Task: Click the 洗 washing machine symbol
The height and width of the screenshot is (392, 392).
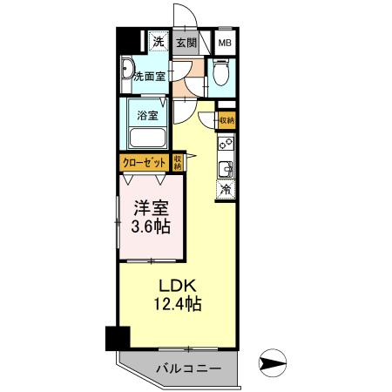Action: click(x=159, y=41)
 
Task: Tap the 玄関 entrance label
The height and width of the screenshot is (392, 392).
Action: click(x=186, y=42)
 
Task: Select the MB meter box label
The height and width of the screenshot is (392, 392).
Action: click(x=225, y=42)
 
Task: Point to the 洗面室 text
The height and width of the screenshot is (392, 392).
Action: click(x=149, y=76)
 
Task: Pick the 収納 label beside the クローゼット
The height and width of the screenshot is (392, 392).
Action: click(x=178, y=162)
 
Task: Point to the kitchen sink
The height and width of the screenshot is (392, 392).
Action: click(x=225, y=166)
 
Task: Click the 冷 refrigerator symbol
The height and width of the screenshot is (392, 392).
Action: click(x=225, y=188)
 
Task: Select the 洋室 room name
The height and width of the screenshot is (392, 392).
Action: click(x=151, y=209)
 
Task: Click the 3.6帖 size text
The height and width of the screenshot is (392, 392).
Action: click(x=150, y=227)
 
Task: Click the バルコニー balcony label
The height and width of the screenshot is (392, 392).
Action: click(x=188, y=369)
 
